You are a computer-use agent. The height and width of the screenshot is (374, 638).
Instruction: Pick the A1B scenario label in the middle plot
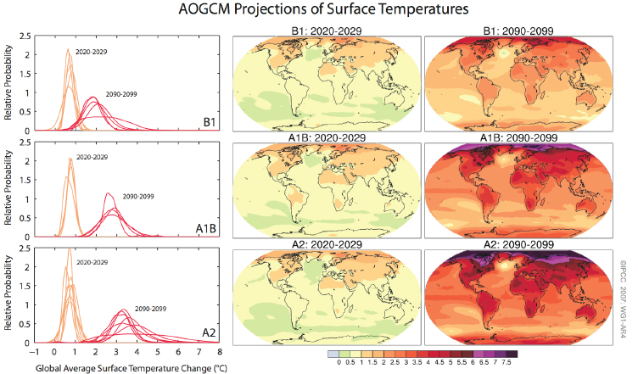[204, 228]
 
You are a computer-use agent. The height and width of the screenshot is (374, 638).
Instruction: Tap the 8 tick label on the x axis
[220, 350]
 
